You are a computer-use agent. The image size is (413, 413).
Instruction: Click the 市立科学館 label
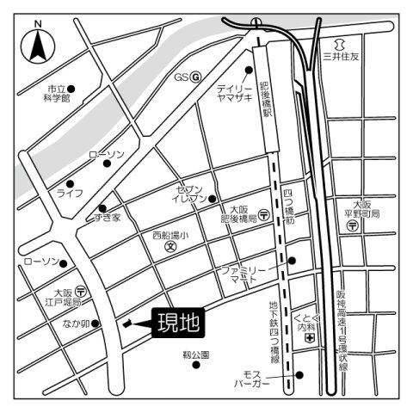[x=59, y=94]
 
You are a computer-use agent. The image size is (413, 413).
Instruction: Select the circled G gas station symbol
[x=195, y=77]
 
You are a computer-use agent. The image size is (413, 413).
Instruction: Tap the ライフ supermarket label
[x=71, y=193]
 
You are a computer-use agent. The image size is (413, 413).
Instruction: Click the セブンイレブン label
[x=191, y=194]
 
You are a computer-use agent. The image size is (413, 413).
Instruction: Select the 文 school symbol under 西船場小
[x=171, y=247]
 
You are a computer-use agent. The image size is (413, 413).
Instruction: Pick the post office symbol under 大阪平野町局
[x=353, y=225]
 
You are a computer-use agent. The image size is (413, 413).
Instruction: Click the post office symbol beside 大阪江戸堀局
[x=79, y=291]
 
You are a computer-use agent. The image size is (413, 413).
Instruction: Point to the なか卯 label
[x=75, y=324]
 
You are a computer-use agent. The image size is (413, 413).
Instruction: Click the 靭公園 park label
[x=196, y=354]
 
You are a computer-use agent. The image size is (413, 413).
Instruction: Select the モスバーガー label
[x=256, y=379]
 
